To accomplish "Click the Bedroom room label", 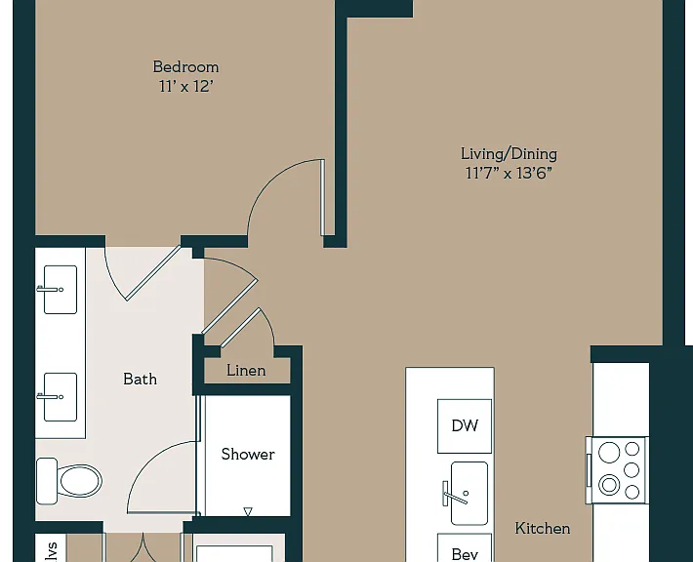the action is click(185, 67).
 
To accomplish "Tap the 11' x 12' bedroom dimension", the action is click(186, 86).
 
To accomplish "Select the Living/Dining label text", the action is click(509, 154).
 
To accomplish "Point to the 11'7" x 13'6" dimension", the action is click(509, 173).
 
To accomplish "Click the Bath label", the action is click(140, 380).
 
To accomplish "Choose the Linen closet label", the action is click(246, 370).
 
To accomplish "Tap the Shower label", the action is click(248, 455).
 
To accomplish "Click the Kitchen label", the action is click(543, 529).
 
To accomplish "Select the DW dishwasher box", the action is click(465, 426).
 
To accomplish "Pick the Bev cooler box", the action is click(465, 548).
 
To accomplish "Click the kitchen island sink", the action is click(469, 493).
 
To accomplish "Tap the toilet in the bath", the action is click(69, 481).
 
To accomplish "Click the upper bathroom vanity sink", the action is click(61, 290).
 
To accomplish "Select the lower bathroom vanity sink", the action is click(61, 397).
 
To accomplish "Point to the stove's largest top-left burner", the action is click(609, 453).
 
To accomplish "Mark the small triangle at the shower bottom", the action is click(248, 511).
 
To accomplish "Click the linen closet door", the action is click(240, 328).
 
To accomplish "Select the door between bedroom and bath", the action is click(153, 273).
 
